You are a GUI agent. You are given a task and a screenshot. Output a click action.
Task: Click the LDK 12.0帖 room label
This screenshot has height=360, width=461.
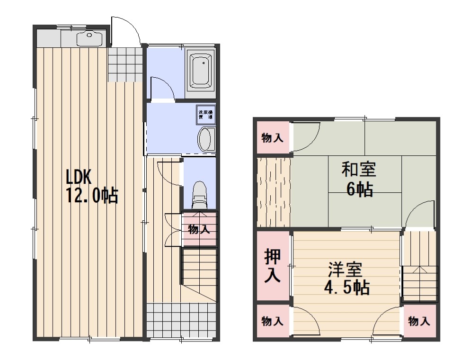[x=92, y=186]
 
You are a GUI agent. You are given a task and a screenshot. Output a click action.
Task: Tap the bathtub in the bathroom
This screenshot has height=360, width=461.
[x=202, y=71]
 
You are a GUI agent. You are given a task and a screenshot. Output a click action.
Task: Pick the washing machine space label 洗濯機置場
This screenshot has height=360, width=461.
[x=205, y=114]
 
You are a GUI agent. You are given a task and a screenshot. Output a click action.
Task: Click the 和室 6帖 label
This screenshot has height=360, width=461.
[x=359, y=179]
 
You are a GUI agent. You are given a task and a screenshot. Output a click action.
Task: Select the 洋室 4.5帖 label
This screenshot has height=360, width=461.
[x=346, y=279]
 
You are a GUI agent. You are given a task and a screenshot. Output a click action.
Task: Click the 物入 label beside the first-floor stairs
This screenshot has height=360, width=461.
[x=199, y=230]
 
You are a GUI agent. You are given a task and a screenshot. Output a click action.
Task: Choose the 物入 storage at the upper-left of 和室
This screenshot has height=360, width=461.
[x=273, y=138]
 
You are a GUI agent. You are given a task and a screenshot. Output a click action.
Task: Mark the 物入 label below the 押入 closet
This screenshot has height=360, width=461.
[x=273, y=322]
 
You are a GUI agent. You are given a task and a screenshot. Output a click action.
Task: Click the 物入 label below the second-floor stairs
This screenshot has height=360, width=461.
[x=419, y=322]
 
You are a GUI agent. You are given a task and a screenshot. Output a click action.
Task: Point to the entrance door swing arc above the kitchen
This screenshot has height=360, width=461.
[x=127, y=29]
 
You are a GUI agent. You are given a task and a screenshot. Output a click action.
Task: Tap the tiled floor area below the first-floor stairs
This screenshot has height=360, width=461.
[x=181, y=320]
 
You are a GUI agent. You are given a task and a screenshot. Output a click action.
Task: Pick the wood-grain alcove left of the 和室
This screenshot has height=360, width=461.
[x=274, y=192]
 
